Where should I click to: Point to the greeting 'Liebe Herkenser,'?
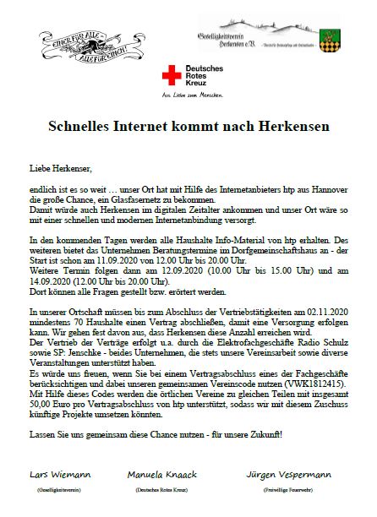[x=58, y=167]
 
